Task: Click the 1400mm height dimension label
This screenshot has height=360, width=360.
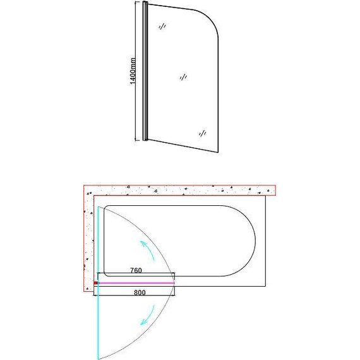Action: tap(133, 71)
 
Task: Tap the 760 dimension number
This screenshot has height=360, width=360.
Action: tap(136, 270)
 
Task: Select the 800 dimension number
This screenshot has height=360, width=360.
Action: tap(140, 292)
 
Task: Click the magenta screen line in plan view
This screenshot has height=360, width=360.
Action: tap(136, 283)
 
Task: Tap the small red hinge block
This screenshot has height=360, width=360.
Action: tap(96, 283)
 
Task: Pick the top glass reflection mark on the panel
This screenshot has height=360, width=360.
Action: tap(162, 26)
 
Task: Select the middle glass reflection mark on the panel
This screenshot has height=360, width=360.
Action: tap(183, 77)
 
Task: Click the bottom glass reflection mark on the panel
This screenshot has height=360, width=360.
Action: tap(202, 133)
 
